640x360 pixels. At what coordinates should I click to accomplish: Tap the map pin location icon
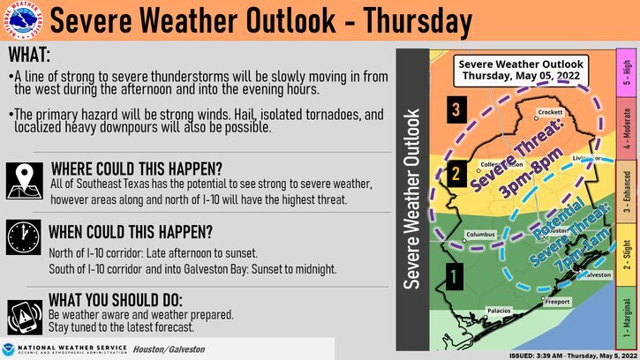24,179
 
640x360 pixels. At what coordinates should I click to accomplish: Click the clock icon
24,237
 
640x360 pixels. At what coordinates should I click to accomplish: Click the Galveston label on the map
596,274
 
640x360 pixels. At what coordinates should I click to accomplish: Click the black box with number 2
454,172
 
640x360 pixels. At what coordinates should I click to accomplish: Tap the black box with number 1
453,276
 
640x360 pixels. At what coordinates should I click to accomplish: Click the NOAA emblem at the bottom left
9,349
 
